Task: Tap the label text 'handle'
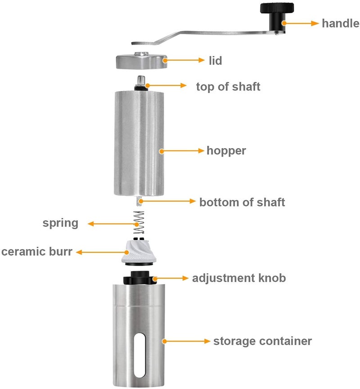[340, 23]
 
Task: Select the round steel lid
[142, 60]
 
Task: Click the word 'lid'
[215, 60]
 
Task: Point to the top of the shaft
[141, 83]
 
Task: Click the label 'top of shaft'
[228, 86]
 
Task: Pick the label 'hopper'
[226, 150]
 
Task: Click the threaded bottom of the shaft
[139, 201]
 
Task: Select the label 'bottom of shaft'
[242, 202]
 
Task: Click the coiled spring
[139, 222]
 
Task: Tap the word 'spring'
[60, 223]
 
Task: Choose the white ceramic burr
[139, 252]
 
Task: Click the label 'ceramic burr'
[37, 252]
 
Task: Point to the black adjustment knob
[140, 278]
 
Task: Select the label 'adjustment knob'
[239, 278]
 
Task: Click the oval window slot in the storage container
[139, 355]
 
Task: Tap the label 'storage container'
[262, 341]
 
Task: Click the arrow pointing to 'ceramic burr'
[103, 252]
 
